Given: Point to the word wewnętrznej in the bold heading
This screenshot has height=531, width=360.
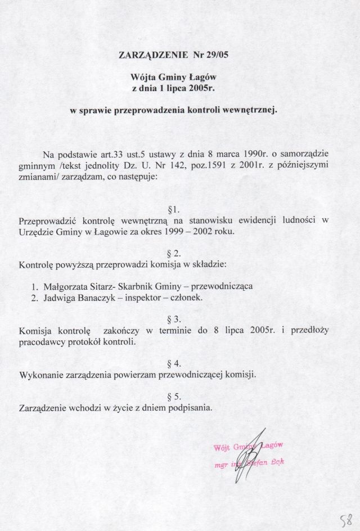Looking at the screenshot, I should [x=253, y=111].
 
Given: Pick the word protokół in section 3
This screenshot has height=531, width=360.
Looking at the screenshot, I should [x=85, y=341].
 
